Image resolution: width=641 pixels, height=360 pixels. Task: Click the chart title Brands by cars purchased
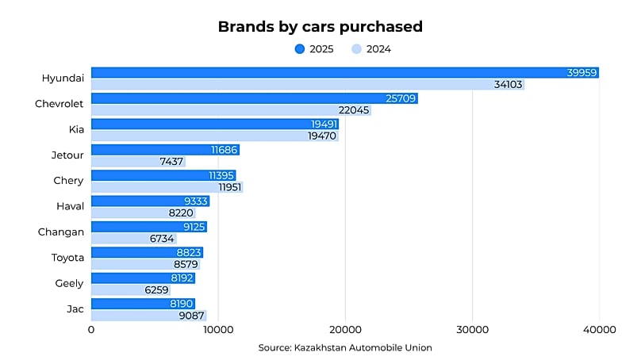[320, 27]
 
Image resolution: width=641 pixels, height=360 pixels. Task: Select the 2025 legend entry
[315, 49]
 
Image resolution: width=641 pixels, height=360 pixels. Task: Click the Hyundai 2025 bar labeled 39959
[344, 73]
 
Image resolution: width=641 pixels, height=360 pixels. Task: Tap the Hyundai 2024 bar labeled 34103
[307, 85]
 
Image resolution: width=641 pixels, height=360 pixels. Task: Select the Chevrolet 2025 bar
[254, 98]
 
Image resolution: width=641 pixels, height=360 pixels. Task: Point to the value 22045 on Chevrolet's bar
[354, 110]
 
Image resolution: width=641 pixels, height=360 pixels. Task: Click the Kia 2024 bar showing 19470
[214, 136]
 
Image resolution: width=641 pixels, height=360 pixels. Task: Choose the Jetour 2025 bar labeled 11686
[165, 150]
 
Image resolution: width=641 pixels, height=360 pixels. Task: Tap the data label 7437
[169, 162]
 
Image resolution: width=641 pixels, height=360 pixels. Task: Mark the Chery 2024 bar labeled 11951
[167, 187]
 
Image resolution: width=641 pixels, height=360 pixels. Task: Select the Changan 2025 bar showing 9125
[148, 227]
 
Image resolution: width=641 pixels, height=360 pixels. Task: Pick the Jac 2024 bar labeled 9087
[148, 316]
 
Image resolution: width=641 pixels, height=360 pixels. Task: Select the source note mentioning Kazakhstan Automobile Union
[345, 347]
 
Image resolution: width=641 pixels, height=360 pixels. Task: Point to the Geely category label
[69, 284]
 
